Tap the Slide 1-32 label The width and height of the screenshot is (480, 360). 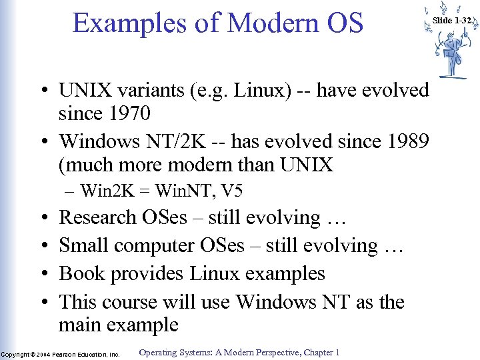point(452,21)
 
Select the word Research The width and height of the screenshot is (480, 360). point(97,217)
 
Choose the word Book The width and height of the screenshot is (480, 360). point(81,273)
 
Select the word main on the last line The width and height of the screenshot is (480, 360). point(83,325)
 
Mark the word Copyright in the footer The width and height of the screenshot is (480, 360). point(16,354)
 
